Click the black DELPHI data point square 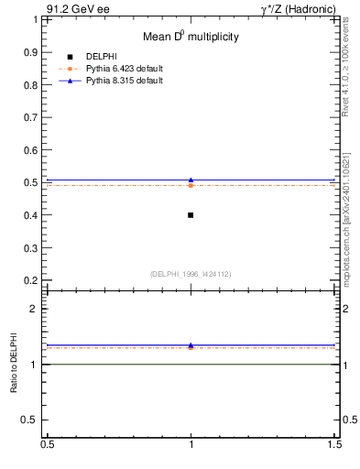[191, 215]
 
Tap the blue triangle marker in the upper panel [191, 180]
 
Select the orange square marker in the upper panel [191, 186]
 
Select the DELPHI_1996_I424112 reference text [191, 274]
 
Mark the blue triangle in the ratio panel [191, 345]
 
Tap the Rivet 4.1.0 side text [347, 69]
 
